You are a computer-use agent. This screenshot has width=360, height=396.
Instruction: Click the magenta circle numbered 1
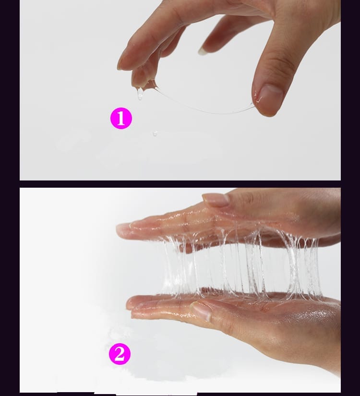121,118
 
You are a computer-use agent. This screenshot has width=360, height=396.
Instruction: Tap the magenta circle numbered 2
120,354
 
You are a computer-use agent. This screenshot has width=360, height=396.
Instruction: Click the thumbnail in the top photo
270,94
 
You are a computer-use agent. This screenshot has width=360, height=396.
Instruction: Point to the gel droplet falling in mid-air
155,133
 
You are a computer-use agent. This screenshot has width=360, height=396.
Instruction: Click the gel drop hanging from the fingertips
140,94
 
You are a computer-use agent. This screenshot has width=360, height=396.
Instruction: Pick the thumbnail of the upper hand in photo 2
216,199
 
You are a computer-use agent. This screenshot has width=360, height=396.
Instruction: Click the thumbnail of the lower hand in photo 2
201,311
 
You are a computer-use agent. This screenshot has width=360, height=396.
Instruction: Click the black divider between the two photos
180,184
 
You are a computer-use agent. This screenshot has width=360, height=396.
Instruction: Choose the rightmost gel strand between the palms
313,265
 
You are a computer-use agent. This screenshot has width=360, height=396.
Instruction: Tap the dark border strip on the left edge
10,198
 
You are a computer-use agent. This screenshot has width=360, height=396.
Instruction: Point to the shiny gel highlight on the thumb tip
257,98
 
